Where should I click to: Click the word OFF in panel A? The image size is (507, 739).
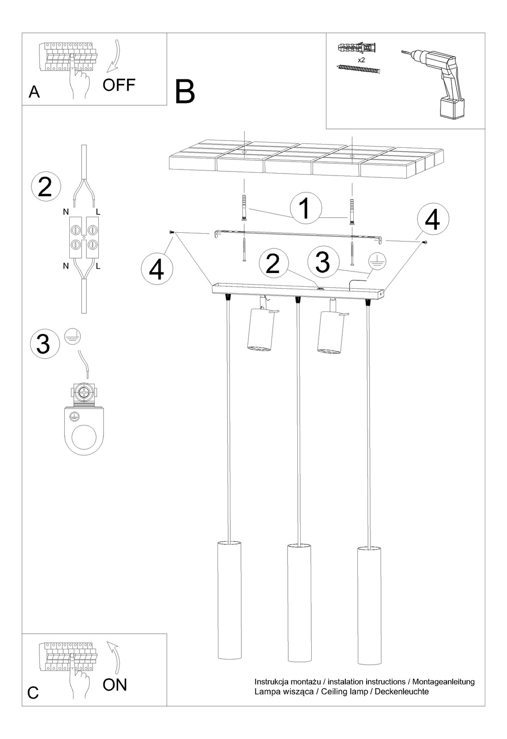pos(119,85)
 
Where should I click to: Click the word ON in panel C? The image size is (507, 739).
pos(115,684)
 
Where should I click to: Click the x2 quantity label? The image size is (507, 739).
pos(362,61)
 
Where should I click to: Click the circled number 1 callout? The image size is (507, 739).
pos(306,207)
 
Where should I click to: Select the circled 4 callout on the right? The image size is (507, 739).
pos(432,220)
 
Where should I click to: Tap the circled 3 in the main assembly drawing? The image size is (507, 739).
pos(322,261)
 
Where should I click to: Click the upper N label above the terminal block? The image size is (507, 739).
pos(66,212)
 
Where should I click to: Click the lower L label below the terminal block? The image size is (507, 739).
pos(98,266)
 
